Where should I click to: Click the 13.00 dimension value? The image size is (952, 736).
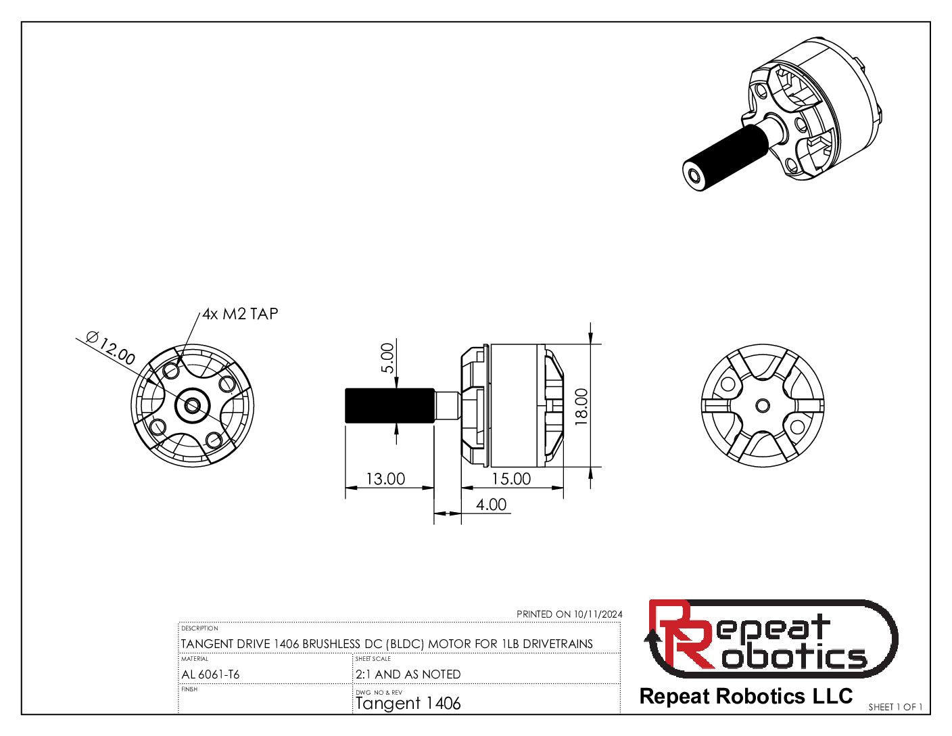point(385,479)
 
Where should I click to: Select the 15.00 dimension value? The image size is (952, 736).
point(511,479)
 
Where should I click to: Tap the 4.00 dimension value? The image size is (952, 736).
point(491,505)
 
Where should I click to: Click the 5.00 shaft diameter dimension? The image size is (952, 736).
point(387,359)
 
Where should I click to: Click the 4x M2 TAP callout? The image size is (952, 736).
point(240,314)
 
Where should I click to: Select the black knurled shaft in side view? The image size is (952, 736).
point(389,405)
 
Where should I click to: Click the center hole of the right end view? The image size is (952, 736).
point(763,405)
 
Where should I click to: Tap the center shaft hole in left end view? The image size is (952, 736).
point(192,405)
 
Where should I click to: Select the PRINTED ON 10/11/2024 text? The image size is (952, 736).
point(569,614)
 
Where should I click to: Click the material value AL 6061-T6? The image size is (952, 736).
point(210,674)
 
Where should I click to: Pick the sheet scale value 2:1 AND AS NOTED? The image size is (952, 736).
point(408,674)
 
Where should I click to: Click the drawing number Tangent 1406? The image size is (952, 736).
point(408,704)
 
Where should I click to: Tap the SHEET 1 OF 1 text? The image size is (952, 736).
point(895,707)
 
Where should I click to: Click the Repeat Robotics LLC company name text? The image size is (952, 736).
point(746,696)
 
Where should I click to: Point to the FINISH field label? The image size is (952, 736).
point(189,689)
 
